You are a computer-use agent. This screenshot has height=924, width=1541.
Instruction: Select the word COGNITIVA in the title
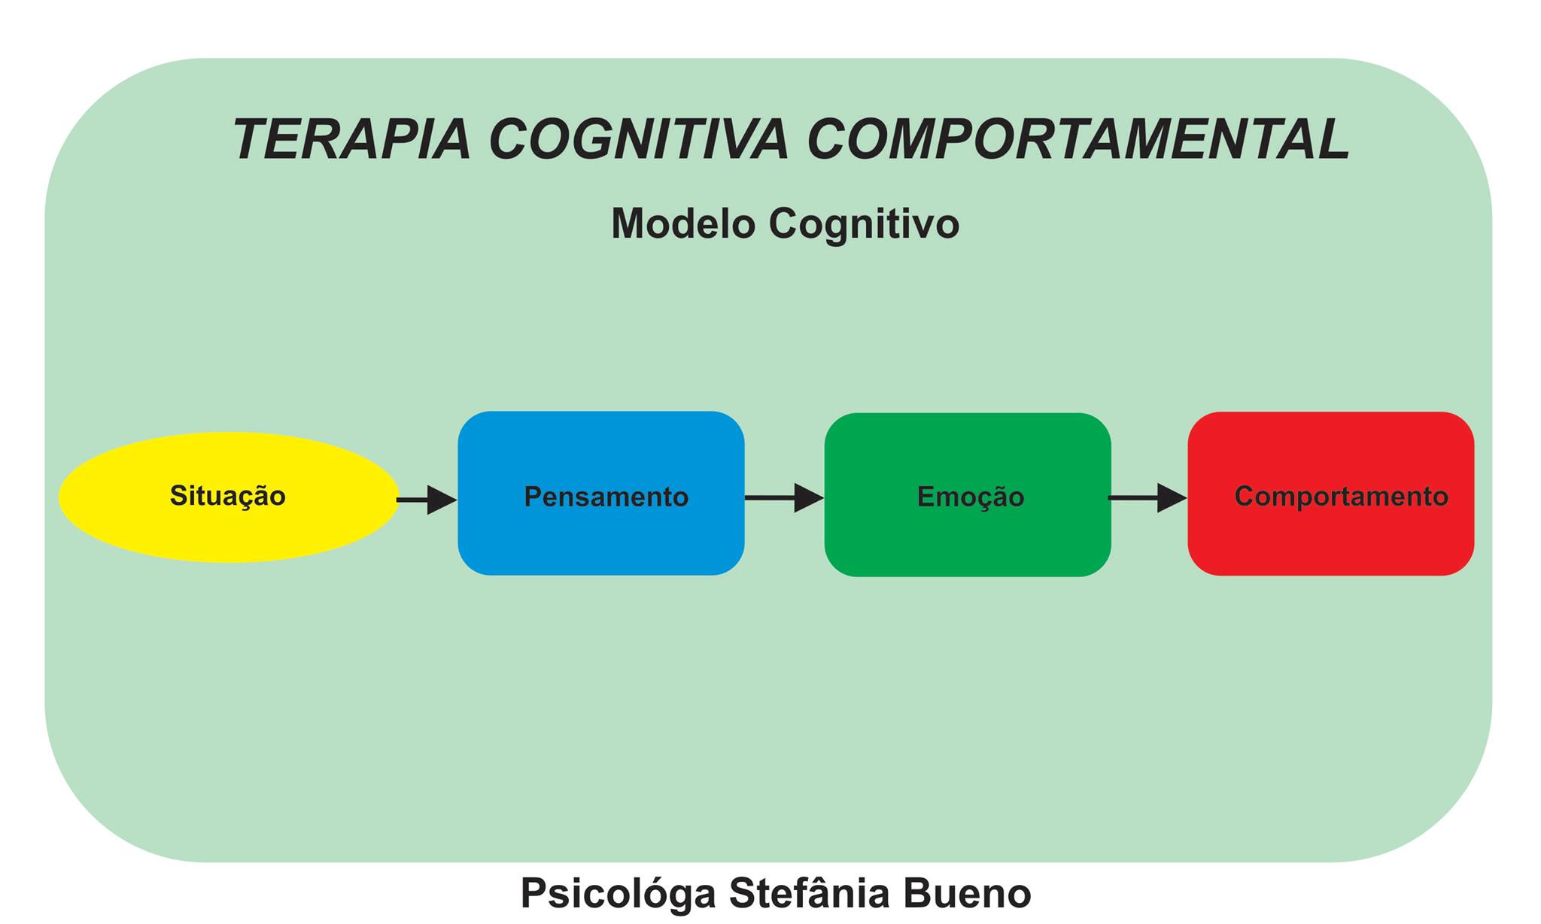pyautogui.click(x=639, y=140)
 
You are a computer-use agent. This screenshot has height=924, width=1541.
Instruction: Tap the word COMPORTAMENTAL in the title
pyautogui.click(x=1078, y=140)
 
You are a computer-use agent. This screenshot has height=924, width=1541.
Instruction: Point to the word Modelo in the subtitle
pyautogui.click(x=682, y=224)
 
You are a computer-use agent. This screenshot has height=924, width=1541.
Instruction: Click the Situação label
pyautogui.click(x=227, y=496)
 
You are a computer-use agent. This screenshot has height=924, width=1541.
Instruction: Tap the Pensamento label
pyautogui.click(x=606, y=497)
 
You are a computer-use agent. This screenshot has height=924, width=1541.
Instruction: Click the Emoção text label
pyautogui.click(x=971, y=497)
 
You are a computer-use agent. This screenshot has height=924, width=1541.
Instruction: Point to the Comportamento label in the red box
pyautogui.click(x=1341, y=497)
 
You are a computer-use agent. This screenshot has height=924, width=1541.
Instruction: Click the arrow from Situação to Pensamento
pyautogui.click(x=426, y=500)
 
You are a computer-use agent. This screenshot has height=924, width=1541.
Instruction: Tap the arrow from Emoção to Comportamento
pyautogui.click(x=1146, y=498)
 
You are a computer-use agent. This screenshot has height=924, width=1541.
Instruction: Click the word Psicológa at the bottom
pyautogui.click(x=618, y=894)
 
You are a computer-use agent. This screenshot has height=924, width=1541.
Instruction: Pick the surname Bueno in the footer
pyautogui.click(x=967, y=894)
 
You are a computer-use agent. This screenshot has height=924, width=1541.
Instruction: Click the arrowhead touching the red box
pyautogui.click(x=1171, y=498)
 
